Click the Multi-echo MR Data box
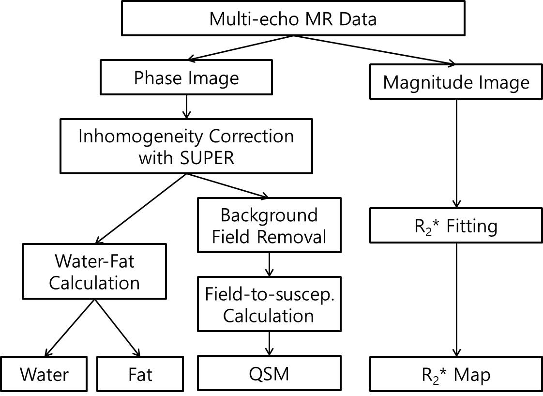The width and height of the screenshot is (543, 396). pyautogui.click(x=293, y=19)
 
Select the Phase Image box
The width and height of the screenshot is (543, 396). pyautogui.click(x=186, y=77)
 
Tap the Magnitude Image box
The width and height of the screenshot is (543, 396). pyautogui.click(x=456, y=82)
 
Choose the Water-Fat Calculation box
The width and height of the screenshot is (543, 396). pyautogui.click(x=94, y=272)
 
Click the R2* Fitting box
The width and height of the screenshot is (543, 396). pyautogui.click(x=456, y=226)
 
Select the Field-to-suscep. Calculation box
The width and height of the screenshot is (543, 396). pyautogui.click(x=269, y=305)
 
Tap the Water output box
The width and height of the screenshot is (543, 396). pyautogui.click(x=45, y=374)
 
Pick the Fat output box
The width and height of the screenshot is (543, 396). pyautogui.click(x=140, y=374)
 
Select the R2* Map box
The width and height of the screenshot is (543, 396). pyautogui.click(x=456, y=374)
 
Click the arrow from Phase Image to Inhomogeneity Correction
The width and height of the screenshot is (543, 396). pyautogui.click(x=186, y=107)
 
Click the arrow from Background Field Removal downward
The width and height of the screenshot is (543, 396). pyautogui.click(x=269, y=263)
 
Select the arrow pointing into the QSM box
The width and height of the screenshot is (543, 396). pyautogui.click(x=269, y=344)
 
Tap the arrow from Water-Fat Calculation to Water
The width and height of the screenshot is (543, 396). pyautogui.click(x=70, y=327)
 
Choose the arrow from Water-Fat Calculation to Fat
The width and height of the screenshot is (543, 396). pyautogui.click(x=117, y=327)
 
